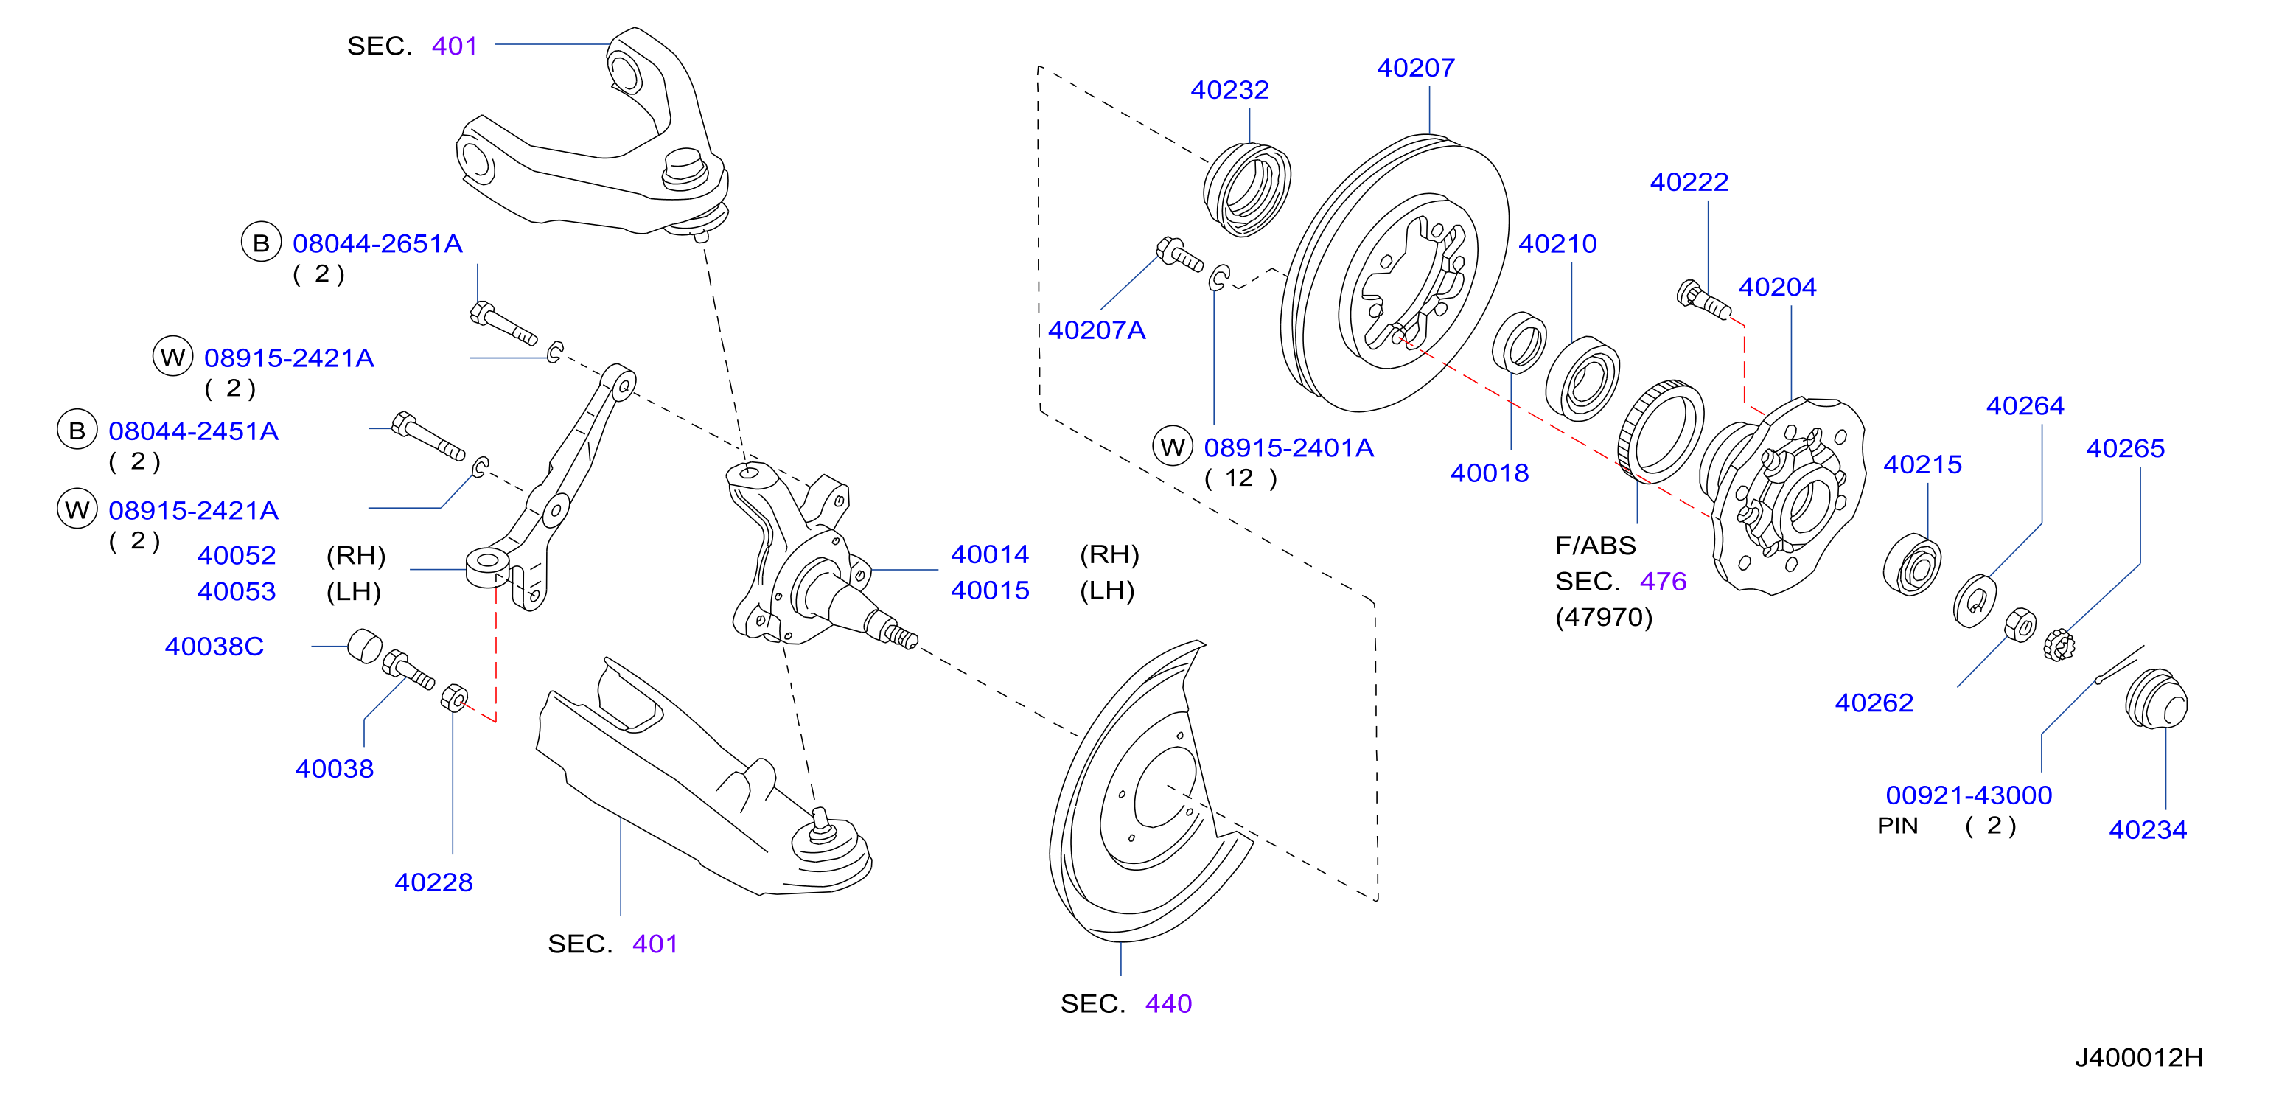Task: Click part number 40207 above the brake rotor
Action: (1415, 68)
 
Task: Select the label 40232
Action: (1229, 90)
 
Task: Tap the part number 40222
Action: (1689, 183)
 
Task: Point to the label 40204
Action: (1777, 288)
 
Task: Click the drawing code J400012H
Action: (2138, 1057)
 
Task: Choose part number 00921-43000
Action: (1968, 795)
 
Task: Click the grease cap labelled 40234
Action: (2155, 700)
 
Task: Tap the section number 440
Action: (1168, 1004)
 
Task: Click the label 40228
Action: (433, 883)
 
